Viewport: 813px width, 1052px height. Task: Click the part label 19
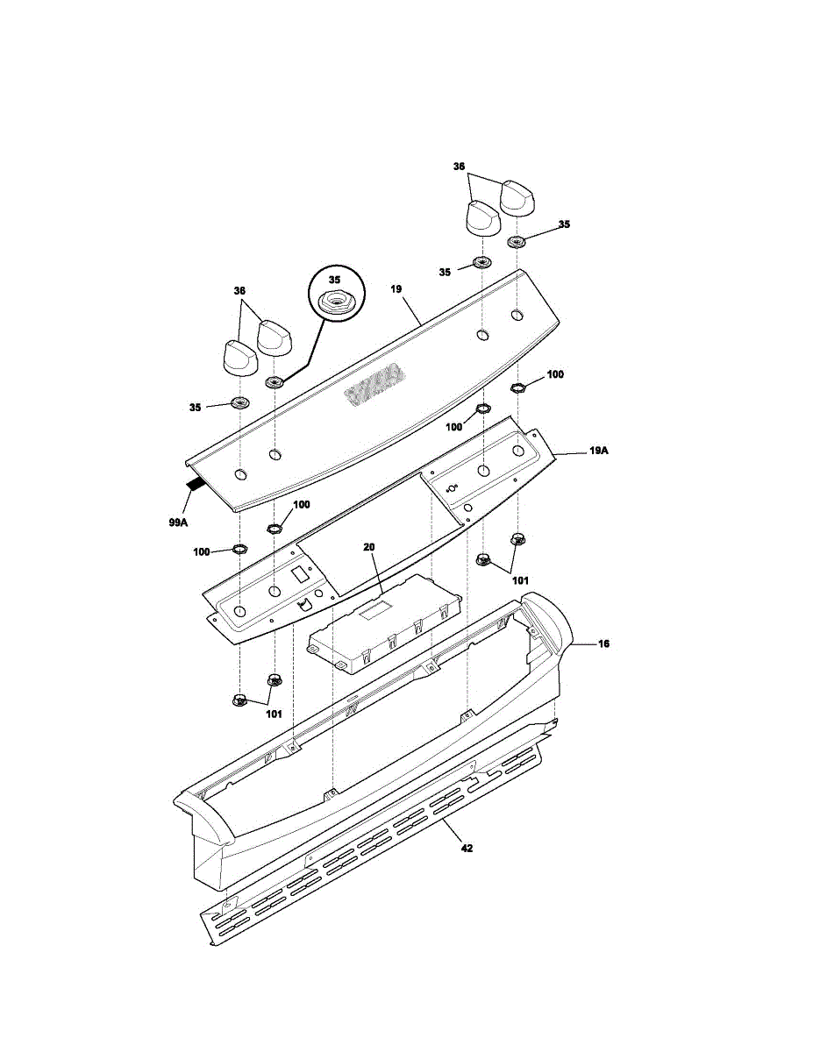(396, 289)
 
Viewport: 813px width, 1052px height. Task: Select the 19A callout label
(599, 451)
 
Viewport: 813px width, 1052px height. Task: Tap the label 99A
(178, 522)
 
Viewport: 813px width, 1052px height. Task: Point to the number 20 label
(369, 547)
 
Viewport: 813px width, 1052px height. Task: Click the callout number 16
(603, 643)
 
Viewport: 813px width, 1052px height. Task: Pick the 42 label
(467, 849)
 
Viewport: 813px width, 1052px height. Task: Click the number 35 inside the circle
(335, 280)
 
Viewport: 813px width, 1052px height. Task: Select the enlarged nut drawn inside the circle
(335, 303)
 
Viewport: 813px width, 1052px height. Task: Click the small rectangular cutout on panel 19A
(299, 576)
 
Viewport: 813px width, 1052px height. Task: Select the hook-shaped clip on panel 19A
(303, 604)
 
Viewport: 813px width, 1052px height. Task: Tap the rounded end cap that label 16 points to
(547, 622)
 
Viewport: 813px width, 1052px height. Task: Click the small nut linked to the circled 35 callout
(275, 382)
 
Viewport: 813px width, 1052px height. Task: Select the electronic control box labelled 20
(385, 624)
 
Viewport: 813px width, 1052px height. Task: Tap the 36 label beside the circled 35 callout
(239, 290)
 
